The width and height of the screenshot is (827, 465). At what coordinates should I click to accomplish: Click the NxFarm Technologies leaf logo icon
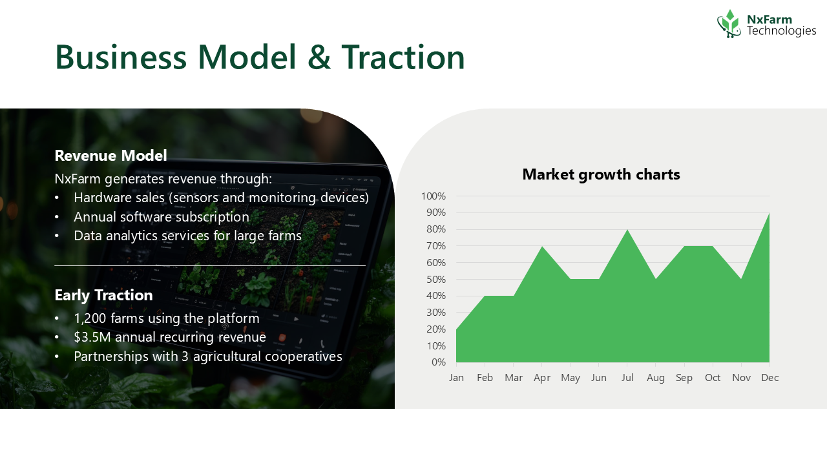(x=729, y=24)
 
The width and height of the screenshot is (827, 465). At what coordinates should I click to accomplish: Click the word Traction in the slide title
(x=403, y=57)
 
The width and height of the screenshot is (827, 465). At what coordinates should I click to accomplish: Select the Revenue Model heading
(x=110, y=156)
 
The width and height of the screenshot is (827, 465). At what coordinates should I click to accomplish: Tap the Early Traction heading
(x=104, y=295)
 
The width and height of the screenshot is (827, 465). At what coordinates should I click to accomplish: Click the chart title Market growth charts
(x=601, y=174)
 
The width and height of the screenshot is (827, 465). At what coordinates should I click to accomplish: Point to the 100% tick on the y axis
(x=434, y=196)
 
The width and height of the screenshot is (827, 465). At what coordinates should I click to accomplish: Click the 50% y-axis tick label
(x=436, y=280)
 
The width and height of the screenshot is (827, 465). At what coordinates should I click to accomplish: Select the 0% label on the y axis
(x=439, y=362)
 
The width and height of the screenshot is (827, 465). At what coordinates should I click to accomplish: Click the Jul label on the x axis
(x=627, y=378)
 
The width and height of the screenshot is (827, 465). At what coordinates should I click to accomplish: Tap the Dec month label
(x=769, y=378)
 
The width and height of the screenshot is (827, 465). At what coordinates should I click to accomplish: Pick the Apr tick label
(x=542, y=378)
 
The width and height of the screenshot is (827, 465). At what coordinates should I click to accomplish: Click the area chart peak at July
(x=627, y=230)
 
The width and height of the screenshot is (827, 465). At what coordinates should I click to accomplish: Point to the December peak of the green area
(x=769, y=213)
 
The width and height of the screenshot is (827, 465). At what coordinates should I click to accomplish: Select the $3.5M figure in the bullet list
(x=92, y=337)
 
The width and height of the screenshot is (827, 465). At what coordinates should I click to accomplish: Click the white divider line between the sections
(x=210, y=265)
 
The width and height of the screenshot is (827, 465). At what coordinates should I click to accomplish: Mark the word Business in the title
(x=121, y=57)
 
